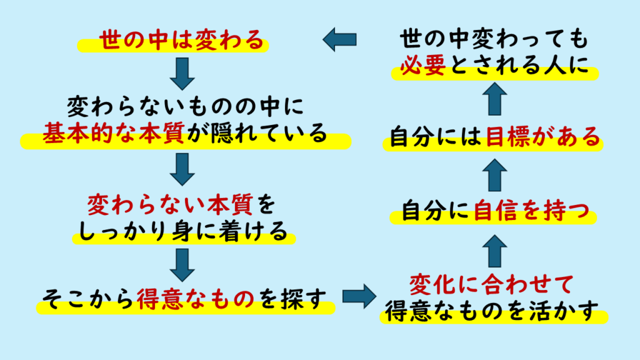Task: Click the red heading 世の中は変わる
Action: [173, 41]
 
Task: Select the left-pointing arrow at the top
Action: [339, 40]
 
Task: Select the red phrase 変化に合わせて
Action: [491, 285]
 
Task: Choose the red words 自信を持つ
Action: [532, 214]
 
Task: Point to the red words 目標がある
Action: [542, 137]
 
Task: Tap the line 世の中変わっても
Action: [493, 41]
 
